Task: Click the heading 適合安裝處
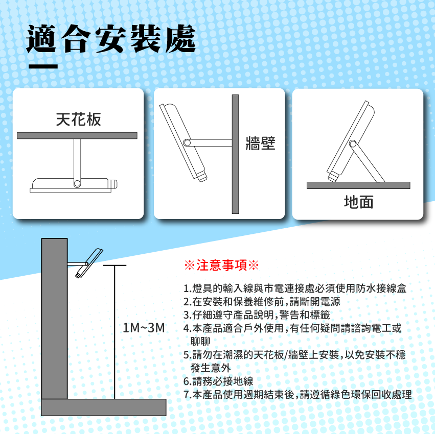[111, 38]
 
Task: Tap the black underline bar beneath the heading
[43, 66]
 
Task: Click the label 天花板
[79, 119]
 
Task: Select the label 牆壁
[260, 143]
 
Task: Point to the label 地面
[358, 202]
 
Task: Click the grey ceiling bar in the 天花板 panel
[77, 135]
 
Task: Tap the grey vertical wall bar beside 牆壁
[235, 154]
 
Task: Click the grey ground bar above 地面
[358, 185]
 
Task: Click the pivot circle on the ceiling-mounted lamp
[77, 183]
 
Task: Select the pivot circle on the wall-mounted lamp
[187, 143]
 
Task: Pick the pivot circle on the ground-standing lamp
[353, 144]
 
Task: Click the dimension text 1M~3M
[144, 328]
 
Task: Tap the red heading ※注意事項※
[221, 265]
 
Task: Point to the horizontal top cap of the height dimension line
[115, 266]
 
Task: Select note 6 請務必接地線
[218, 381]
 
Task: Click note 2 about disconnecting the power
[262, 302]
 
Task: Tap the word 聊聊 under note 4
[200, 341]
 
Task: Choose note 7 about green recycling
[297, 395]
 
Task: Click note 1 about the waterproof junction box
[295, 288]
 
